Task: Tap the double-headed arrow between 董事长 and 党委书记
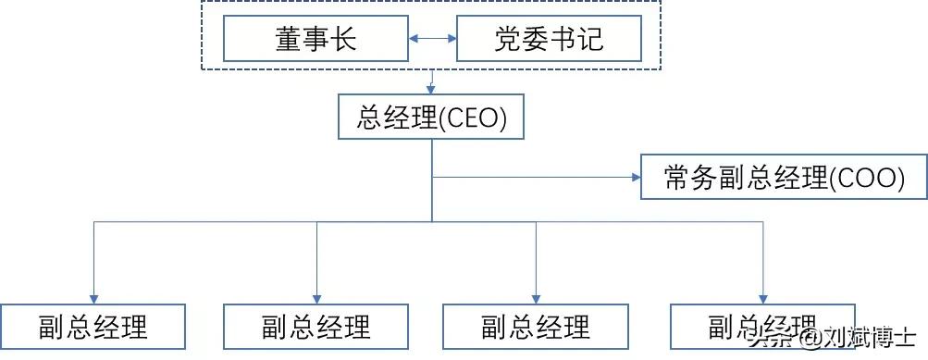click(432, 40)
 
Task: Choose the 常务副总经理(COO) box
click(783, 177)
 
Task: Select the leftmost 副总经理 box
click(93, 327)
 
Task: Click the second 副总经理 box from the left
click(316, 327)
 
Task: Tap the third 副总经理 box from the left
click(536, 327)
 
